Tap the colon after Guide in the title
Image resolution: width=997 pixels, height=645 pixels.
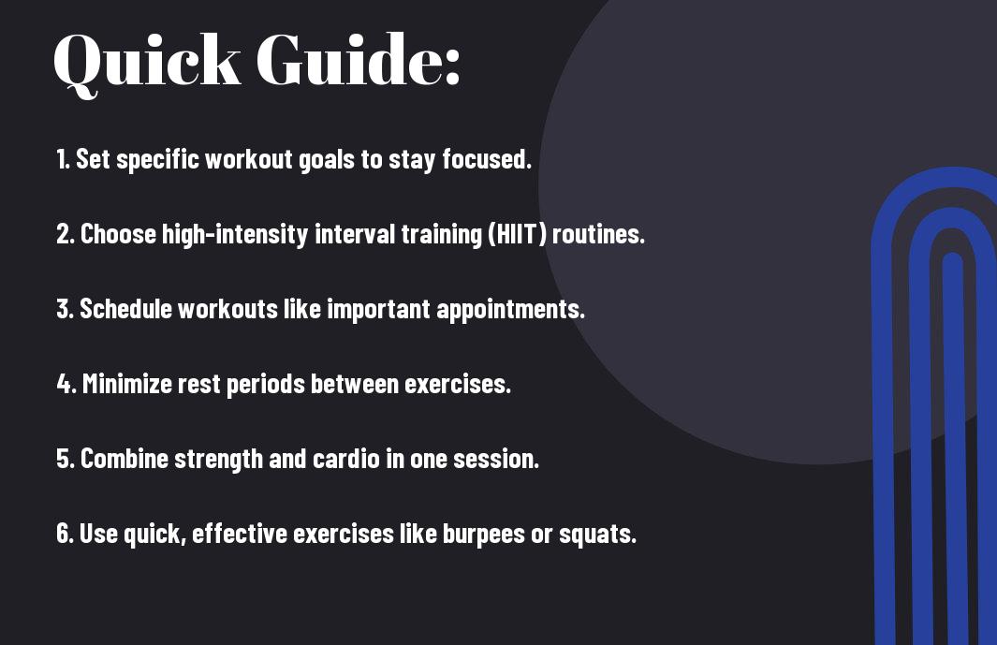tap(452, 67)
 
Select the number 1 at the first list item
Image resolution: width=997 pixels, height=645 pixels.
tap(61, 159)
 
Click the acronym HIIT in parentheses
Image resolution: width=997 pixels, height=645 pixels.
tap(517, 234)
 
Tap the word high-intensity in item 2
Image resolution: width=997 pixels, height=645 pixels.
tap(235, 235)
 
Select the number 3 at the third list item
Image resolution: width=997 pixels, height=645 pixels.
tap(64, 309)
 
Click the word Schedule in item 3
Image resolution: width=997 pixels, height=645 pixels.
tap(125, 309)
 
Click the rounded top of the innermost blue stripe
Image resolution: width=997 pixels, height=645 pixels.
tap(952, 257)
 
